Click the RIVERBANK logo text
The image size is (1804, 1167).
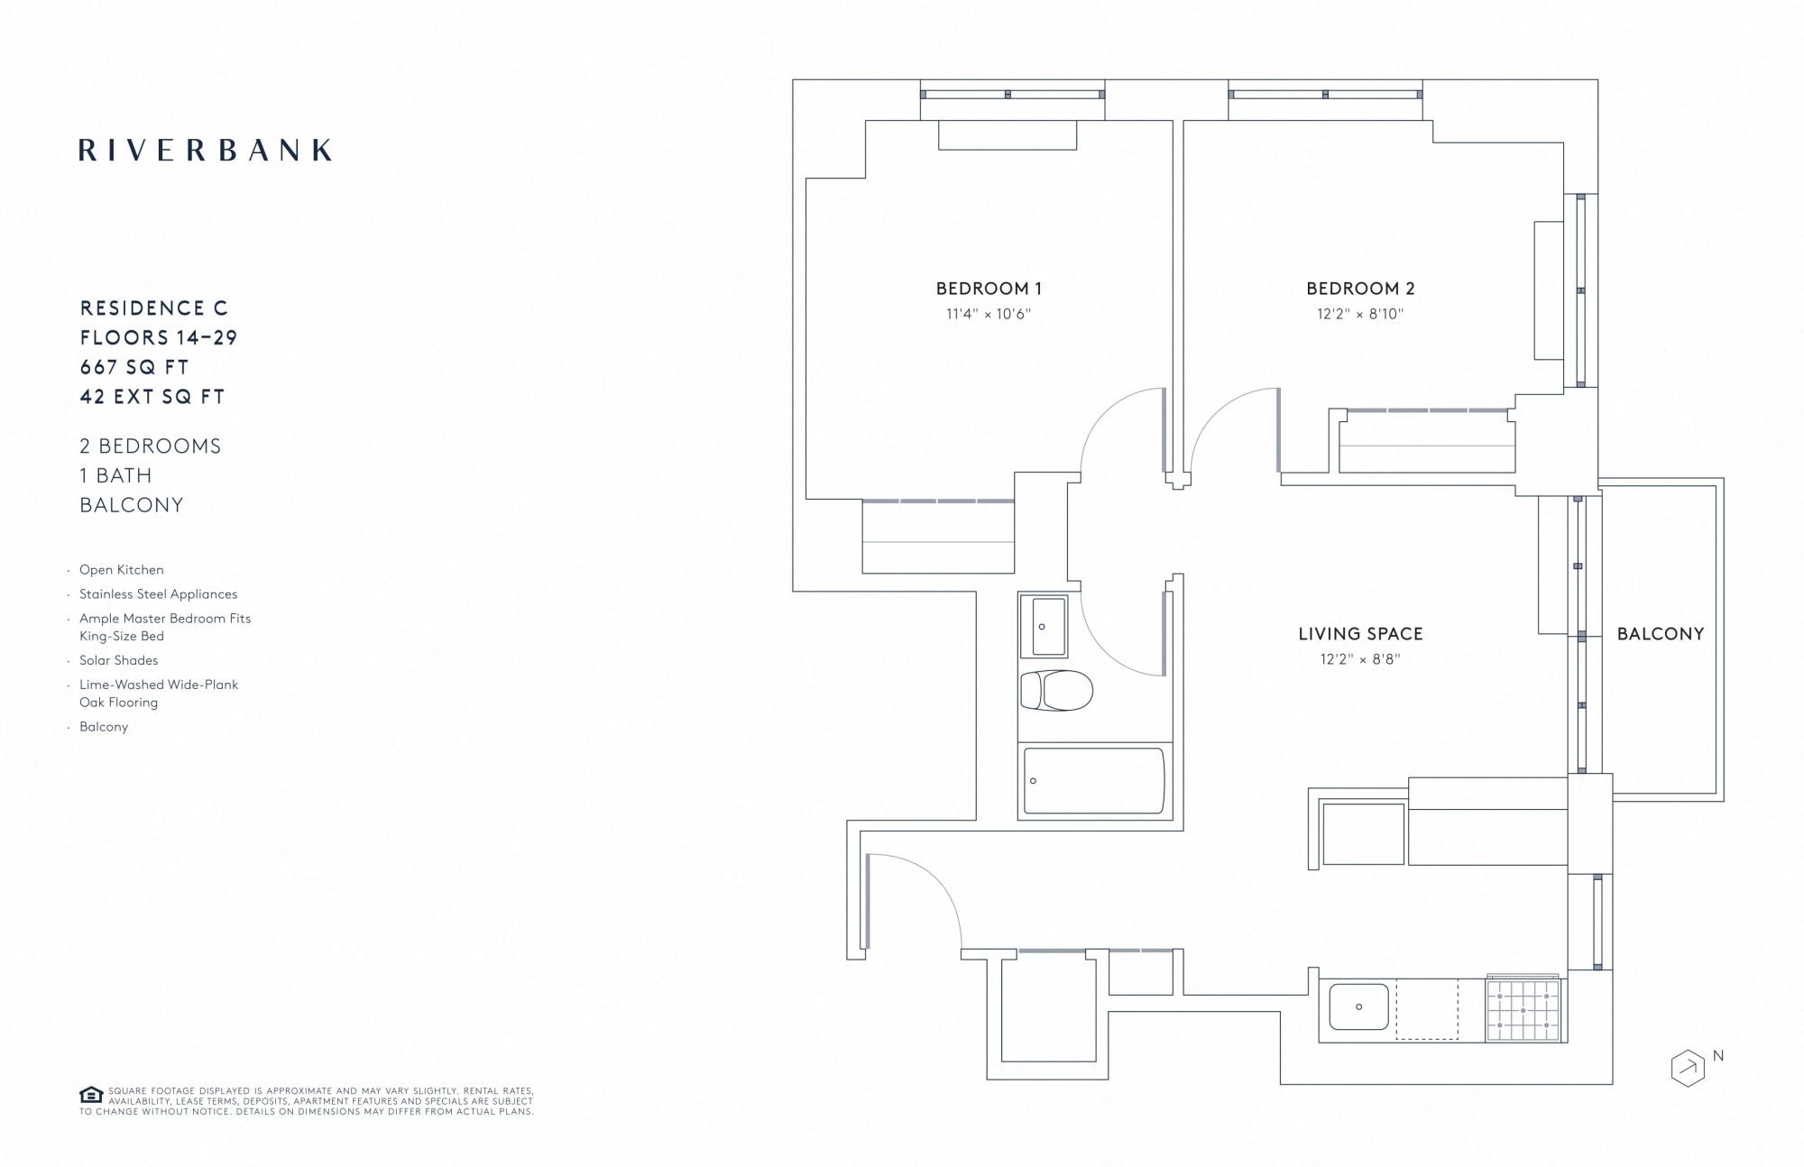(x=206, y=150)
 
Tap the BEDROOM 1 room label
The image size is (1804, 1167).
(x=989, y=289)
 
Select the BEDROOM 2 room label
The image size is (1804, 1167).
(x=1360, y=289)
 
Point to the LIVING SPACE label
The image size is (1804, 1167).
(x=1360, y=634)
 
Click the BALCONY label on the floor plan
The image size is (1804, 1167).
(x=1661, y=634)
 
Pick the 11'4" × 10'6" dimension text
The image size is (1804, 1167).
(x=989, y=314)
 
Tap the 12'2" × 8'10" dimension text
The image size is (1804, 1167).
(x=1360, y=314)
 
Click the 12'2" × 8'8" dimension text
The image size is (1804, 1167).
(x=1360, y=659)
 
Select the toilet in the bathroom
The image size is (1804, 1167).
(x=1056, y=691)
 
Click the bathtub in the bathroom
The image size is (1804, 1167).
(x=1094, y=781)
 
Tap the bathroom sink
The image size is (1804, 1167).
(x=1044, y=626)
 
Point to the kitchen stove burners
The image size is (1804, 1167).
(x=1523, y=1009)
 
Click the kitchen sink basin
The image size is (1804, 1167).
(x=1358, y=1006)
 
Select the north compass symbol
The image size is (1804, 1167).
(x=1689, y=1068)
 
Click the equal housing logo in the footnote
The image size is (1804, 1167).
(x=91, y=1095)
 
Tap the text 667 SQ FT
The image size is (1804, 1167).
(x=134, y=367)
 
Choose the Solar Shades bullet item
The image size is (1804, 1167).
(x=118, y=660)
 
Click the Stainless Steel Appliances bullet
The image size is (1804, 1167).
(x=159, y=594)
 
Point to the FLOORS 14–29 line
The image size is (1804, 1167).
(x=159, y=337)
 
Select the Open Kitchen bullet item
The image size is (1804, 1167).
(x=122, y=570)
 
